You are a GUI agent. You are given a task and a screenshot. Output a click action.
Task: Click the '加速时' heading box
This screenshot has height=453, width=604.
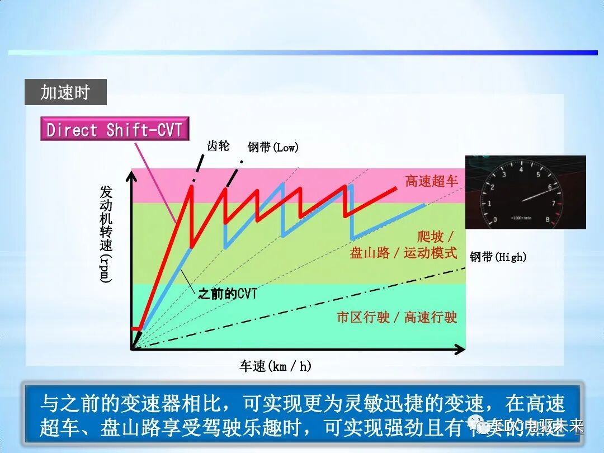point(65,92)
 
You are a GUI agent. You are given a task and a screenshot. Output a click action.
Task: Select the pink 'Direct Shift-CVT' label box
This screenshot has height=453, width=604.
point(115,129)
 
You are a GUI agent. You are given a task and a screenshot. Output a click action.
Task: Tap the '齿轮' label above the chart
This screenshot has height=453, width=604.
point(218,147)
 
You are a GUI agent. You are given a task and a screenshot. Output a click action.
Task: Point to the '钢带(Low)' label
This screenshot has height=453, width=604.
point(273,147)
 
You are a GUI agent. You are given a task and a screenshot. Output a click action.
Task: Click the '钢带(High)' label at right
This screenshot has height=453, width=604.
point(498,257)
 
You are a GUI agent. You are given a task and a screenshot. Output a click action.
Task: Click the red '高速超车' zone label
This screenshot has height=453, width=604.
point(431,181)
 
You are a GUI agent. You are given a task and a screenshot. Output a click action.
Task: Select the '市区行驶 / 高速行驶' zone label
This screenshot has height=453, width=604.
point(397,318)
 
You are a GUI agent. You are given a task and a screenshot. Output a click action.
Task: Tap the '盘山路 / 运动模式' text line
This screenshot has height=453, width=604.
point(403,253)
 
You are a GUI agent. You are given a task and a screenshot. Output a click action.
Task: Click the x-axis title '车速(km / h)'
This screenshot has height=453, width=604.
point(275,366)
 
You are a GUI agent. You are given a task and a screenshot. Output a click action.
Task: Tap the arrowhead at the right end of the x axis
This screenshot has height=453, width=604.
point(460,350)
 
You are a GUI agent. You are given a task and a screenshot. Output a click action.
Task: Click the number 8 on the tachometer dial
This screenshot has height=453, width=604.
point(548,220)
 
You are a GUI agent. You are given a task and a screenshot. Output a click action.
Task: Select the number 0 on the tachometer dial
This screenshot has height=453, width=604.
point(494,220)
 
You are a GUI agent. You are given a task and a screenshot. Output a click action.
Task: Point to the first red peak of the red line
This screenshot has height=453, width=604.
point(191,187)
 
